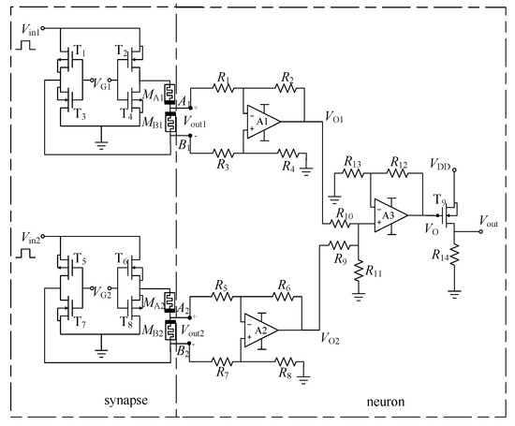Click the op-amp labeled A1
pyautogui.click(x=261, y=121)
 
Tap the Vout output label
pyautogui.click(x=492, y=219)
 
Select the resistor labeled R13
pyautogui.click(x=352, y=175)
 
